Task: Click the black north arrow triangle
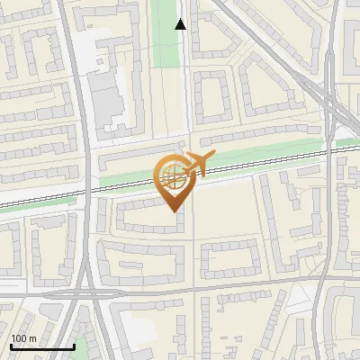click(181, 24)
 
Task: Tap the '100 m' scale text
click(23, 337)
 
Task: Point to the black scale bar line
click(41, 346)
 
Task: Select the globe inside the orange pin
click(171, 176)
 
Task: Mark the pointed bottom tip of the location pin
click(172, 211)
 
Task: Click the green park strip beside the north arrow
click(165, 31)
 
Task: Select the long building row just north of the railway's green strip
click(135, 158)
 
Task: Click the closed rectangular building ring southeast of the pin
click(230, 259)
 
